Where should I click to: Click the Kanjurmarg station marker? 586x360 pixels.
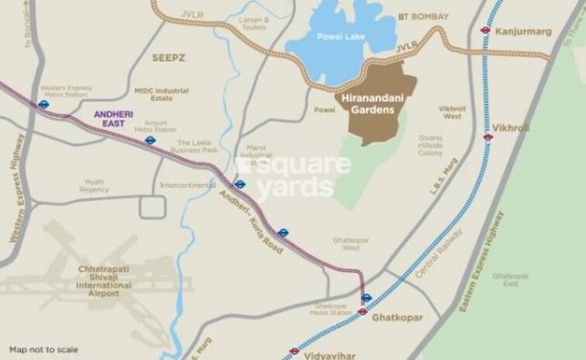coord(486,30)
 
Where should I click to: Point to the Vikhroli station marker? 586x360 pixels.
coord(488,137)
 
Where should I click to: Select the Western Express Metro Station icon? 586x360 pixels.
coord(44,104)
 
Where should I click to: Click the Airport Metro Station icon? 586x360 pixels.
coord(151,141)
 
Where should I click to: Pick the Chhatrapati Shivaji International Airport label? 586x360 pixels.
coord(99,281)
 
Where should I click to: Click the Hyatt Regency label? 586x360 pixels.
coord(94,185)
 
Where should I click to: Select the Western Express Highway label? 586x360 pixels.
coord(19,187)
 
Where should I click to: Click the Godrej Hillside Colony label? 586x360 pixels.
coord(431,145)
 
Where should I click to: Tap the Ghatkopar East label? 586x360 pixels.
coord(510,279)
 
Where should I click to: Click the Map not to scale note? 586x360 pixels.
coord(43,350)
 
